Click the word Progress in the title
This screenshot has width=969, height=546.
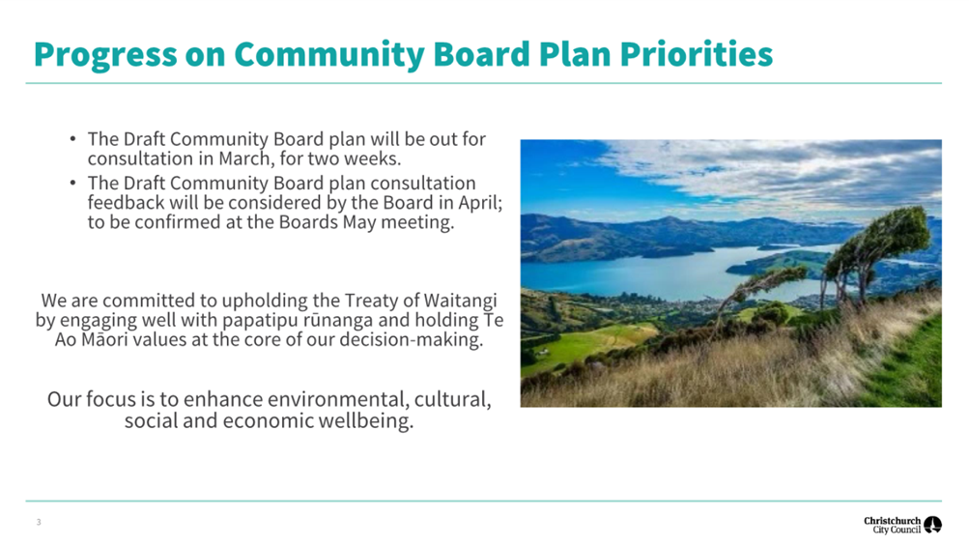point(105,55)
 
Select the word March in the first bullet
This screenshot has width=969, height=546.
point(244,158)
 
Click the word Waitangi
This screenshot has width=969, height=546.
point(461,302)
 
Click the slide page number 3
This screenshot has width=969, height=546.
point(39,523)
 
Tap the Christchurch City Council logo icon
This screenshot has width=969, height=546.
point(932,525)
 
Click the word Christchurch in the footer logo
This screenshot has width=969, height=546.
point(893,521)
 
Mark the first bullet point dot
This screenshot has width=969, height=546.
point(72,139)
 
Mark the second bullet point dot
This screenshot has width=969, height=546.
point(72,183)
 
